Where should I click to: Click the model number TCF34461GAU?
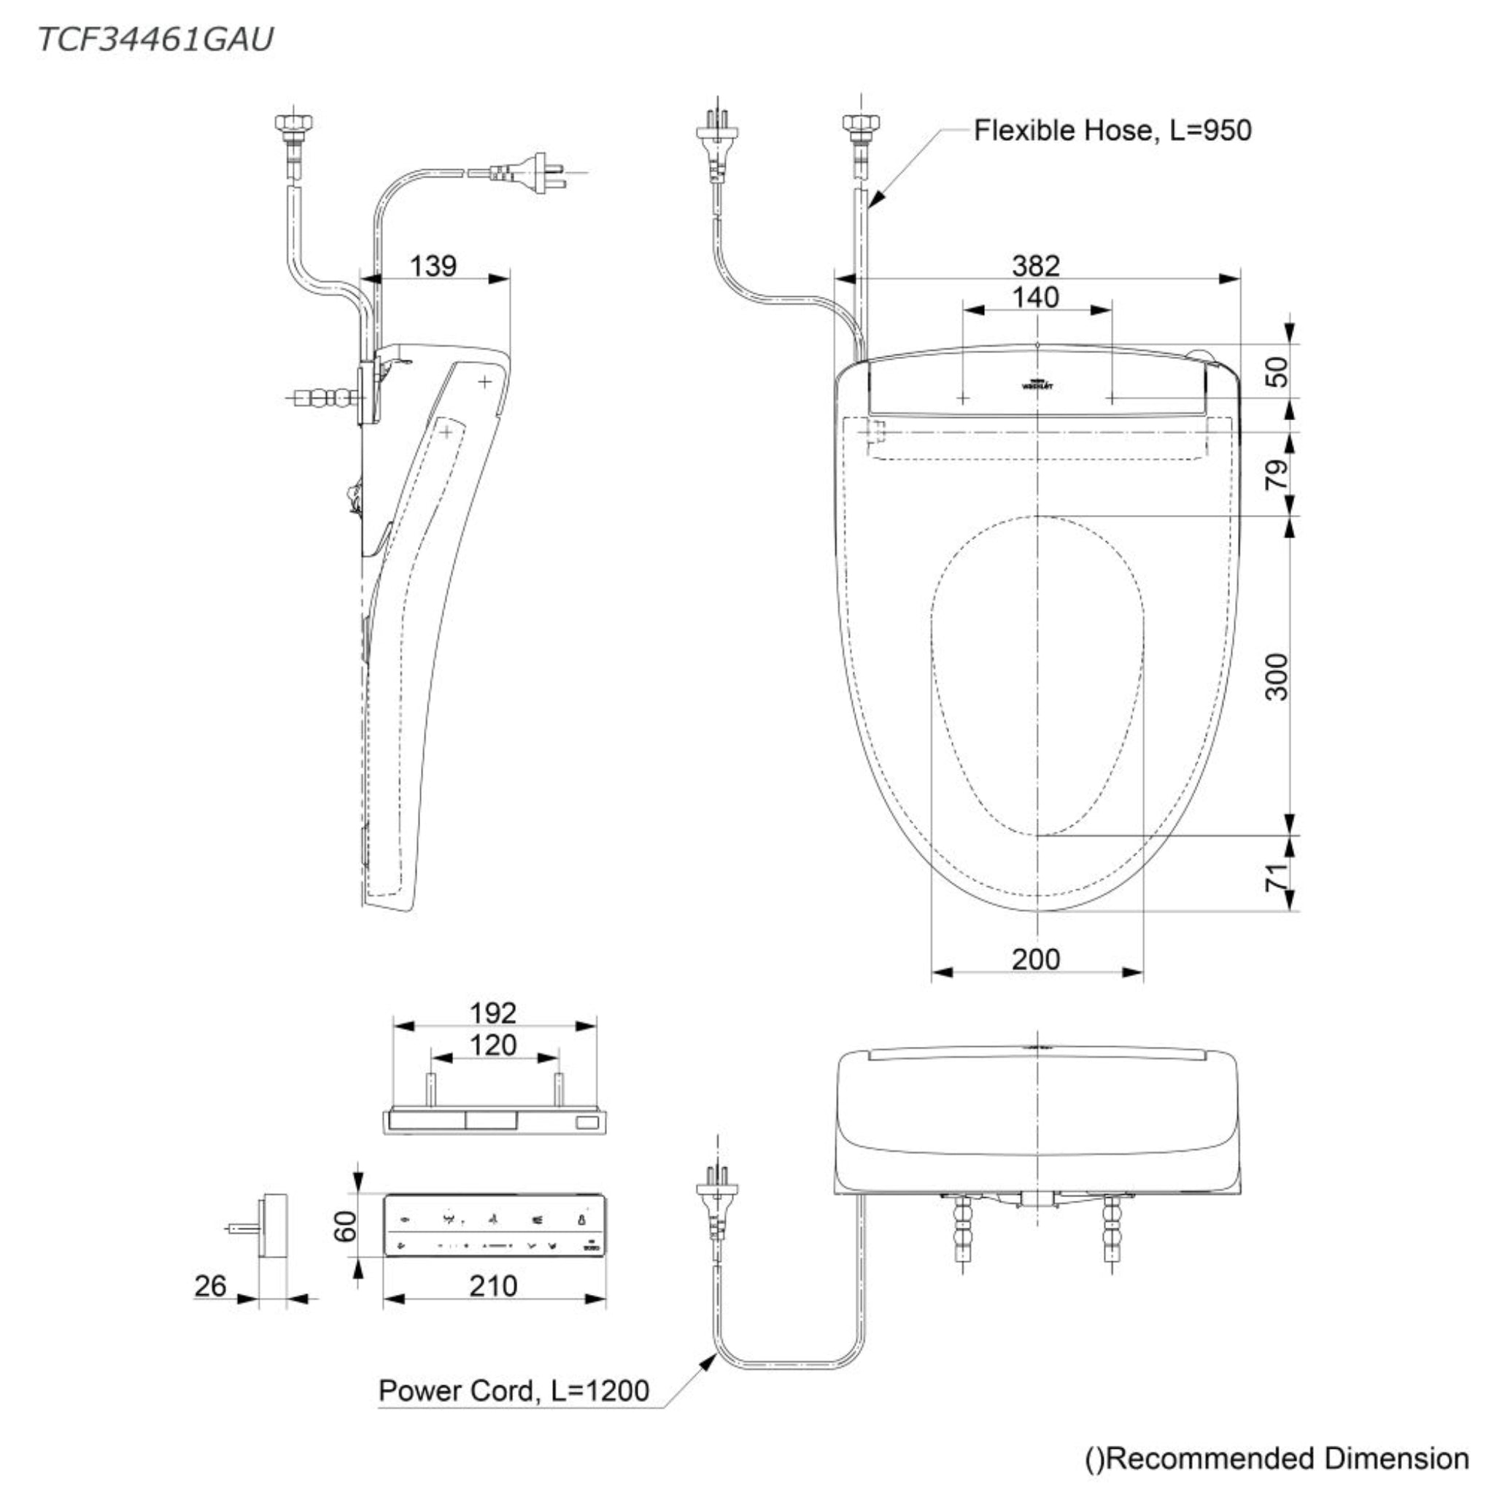155,39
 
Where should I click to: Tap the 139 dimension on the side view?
433,266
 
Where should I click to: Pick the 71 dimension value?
1277,875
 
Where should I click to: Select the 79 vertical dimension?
1277,473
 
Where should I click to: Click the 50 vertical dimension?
1277,371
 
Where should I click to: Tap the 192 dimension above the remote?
493,1013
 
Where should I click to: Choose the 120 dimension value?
493,1045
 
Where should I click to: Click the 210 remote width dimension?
493,1286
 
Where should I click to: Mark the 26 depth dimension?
210,1286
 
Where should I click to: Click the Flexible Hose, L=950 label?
1112,130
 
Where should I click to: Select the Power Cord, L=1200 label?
514,1390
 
